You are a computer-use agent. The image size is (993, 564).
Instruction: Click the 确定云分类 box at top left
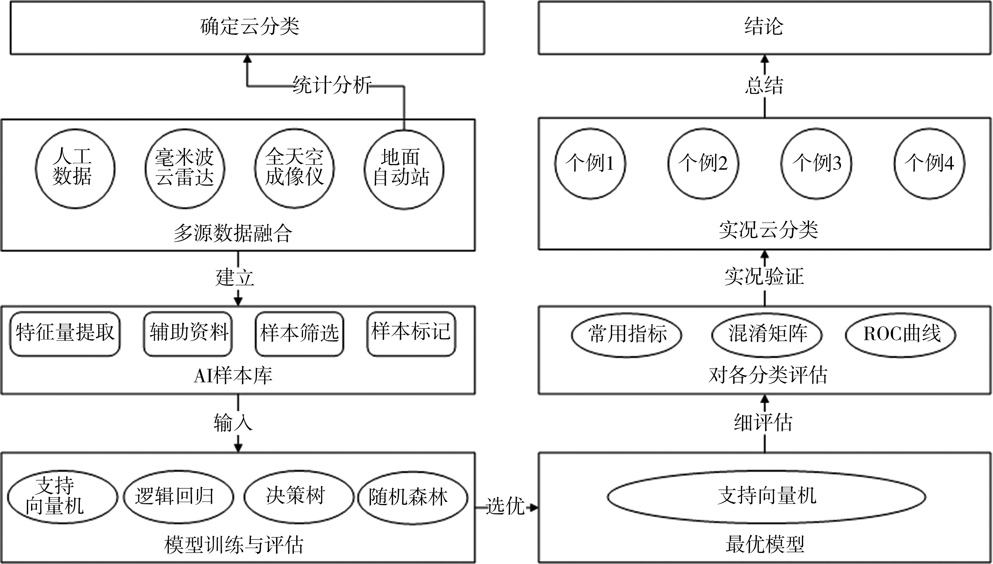tap(247, 28)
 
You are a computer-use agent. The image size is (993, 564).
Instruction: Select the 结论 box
tap(764, 28)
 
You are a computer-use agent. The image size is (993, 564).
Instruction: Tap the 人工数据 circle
tap(75, 168)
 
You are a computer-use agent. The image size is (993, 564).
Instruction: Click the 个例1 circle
tap(590, 164)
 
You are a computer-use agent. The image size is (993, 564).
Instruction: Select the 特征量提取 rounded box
tap(65, 334)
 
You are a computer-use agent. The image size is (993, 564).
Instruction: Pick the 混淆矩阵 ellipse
tap(767, 335)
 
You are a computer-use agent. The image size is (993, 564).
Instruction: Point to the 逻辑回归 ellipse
tap(178, 497)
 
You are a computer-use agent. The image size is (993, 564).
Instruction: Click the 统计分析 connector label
tap(332, 85)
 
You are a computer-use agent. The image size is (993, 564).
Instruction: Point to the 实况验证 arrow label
tap(764, 277)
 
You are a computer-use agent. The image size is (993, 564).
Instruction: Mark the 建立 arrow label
tap(235, 278)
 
